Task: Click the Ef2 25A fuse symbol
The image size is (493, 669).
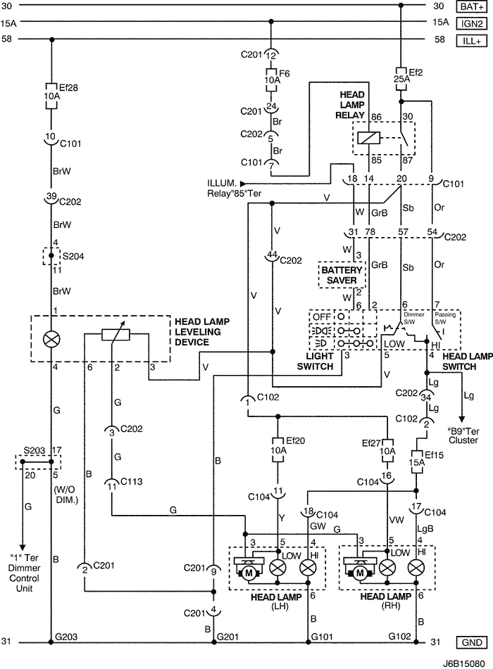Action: (399, 75)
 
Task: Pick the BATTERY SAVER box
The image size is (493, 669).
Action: (343, 275)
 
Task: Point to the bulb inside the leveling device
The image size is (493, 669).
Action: (51, 339)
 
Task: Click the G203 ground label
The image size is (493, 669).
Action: (65, 637)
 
